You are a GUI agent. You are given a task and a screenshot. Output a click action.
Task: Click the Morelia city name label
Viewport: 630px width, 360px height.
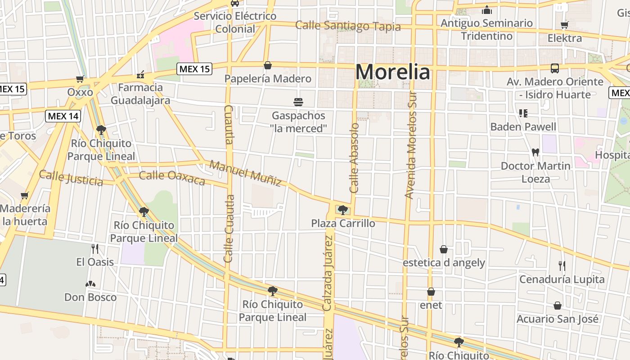(392, 72)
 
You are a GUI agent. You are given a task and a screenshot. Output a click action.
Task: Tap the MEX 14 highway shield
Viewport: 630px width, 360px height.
(63, 116)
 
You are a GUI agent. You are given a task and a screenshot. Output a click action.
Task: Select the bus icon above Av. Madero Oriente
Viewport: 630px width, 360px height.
(555, 68)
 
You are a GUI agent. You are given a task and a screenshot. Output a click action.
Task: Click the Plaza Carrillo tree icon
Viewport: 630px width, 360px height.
(342, 210)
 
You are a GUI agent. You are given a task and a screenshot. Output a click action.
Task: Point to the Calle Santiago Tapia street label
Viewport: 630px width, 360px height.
(348, 26)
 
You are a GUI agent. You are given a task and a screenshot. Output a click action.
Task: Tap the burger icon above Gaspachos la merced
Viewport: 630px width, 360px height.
(298, 102)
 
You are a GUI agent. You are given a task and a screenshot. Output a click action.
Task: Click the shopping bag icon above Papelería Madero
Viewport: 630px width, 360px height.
(268, 66)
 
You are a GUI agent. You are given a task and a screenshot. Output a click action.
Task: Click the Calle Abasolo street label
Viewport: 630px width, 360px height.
(355, 158)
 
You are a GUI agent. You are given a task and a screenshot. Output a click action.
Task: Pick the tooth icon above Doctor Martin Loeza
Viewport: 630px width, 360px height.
(535, 152)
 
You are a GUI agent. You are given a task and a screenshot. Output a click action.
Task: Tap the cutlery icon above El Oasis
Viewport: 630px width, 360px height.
(94, 248)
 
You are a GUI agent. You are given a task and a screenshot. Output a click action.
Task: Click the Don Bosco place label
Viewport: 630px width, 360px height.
(90, 297)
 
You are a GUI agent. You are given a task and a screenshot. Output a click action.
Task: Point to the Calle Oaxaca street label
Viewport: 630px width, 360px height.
(172, 177)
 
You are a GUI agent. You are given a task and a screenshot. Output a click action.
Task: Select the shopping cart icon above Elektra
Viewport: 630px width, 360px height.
(564, 25)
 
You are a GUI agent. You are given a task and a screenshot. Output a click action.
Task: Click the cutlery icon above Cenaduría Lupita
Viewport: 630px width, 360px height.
(562, 266)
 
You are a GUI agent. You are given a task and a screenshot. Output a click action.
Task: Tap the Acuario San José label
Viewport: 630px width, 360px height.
(558, 319)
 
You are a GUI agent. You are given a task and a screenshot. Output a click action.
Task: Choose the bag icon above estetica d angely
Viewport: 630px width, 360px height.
(444, 249)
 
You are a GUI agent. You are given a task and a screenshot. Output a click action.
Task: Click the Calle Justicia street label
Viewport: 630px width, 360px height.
(71, 178)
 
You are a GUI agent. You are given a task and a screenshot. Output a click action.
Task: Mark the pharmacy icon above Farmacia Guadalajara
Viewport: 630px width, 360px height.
(140, 74)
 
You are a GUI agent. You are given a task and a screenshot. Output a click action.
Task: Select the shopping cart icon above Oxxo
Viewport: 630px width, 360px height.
(80, 79)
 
